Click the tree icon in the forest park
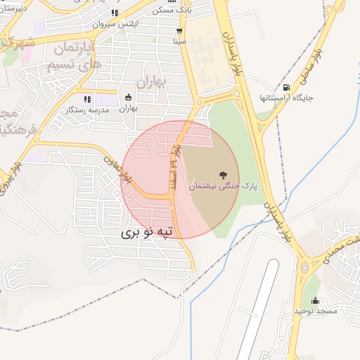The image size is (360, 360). pos(224,174)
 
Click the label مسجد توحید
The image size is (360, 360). pos(316,310)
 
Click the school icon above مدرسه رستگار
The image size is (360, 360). pos(88,100)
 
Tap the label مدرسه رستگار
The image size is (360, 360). pos(88,110)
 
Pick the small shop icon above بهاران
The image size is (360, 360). pos(128,98)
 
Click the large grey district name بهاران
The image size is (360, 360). pos(150,81)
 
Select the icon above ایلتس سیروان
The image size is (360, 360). pos(115,13)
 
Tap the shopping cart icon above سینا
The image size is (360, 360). pos(180,31)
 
